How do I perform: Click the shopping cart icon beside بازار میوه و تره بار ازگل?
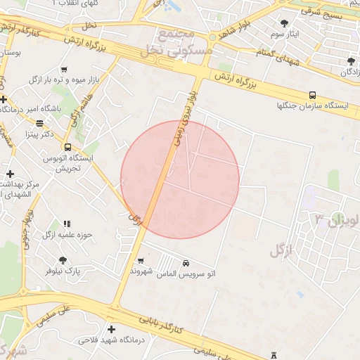click(64, 70)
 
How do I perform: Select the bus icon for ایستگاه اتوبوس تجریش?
click(67, 147)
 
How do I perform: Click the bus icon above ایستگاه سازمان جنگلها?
click(312, 95)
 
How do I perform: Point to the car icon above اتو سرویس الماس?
click(186, 262)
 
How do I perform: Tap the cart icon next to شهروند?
click(140, 260)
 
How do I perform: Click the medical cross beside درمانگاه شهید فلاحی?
click(111, 329)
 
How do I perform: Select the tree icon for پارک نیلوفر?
click(63, 260)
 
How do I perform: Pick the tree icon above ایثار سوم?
click(285, 23)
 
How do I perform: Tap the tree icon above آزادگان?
click(351, 62)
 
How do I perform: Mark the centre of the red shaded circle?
click(180, 179)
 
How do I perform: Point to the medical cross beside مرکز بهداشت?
click(10, 173)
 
